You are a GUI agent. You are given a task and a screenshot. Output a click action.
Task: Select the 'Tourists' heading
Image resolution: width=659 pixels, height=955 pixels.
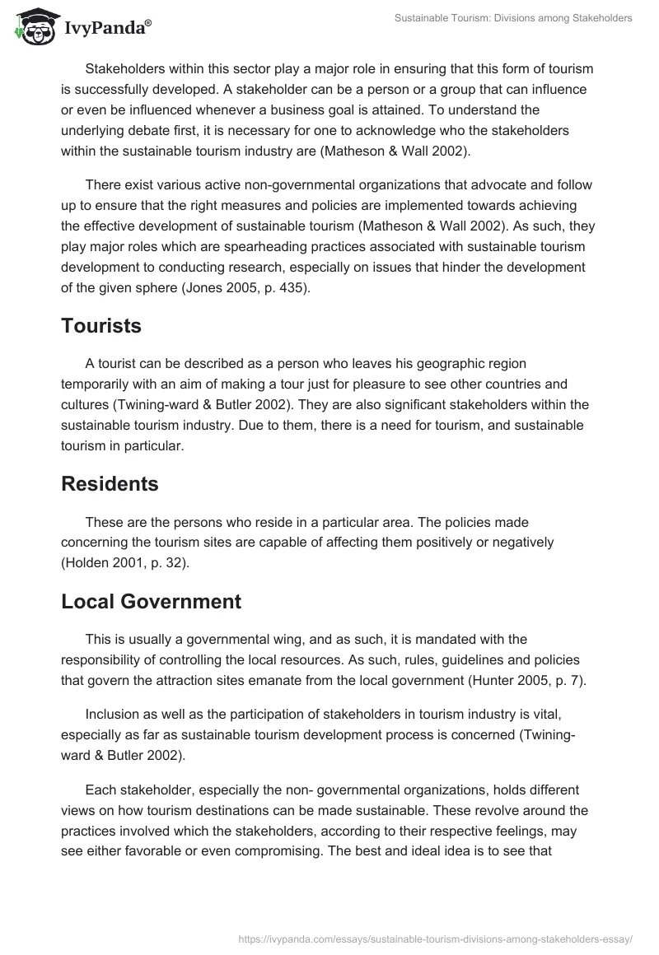tap(101, 325)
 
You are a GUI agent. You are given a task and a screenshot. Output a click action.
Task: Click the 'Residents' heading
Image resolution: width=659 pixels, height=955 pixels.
tap(110, 484)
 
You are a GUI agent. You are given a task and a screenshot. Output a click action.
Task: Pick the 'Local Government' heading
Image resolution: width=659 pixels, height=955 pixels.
tap(151, 601)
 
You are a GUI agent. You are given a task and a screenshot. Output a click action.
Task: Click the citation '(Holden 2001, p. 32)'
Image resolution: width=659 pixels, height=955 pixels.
tap(125, 562)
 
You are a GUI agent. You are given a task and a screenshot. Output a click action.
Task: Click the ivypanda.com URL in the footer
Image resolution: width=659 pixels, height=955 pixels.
tap(435, 939)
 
